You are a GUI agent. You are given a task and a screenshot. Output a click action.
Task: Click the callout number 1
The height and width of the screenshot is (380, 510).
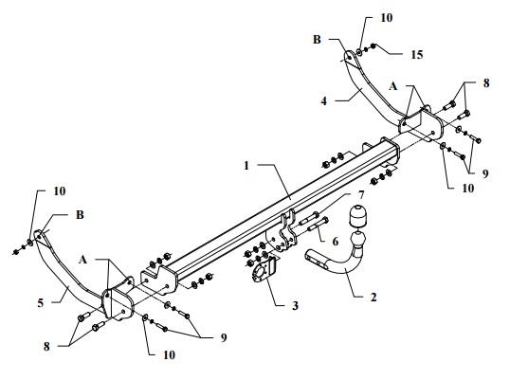[x=246, y=166]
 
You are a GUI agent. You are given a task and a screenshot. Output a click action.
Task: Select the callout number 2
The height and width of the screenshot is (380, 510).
[x=373, y=297]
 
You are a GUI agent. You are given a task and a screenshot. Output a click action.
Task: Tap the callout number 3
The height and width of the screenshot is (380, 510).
[x=295, y=305]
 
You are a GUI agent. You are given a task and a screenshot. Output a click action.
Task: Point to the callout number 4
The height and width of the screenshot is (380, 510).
[x=323, y=101]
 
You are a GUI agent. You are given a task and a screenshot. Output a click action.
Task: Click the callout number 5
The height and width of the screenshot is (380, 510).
[x=41, y=303]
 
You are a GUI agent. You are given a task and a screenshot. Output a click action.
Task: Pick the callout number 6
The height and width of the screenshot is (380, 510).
[x=335, y=242]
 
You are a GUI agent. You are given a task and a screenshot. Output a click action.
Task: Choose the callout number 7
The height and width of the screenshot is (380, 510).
[x=361, y=195]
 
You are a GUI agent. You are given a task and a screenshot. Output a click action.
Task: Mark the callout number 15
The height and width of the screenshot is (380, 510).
[x=417, y=55]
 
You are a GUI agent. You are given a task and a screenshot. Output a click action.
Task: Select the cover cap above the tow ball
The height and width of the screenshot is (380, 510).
[x=357, y=217]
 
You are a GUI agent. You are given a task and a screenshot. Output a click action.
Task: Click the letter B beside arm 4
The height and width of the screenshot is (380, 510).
[x=317, y=40]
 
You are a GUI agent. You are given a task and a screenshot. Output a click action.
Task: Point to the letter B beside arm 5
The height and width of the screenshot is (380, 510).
[x=80, y=215]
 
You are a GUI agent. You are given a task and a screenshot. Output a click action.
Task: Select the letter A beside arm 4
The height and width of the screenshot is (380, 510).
[x=393, y=86]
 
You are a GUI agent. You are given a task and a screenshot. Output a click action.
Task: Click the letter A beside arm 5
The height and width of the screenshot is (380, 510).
[x=82, y=260]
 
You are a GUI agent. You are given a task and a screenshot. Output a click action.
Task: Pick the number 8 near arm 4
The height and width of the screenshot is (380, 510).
[x=486, y=83]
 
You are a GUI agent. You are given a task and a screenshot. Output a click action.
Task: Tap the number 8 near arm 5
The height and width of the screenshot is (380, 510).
[x=46, y=347]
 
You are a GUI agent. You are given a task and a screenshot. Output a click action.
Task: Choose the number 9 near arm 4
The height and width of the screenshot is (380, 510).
[x=485, y=173]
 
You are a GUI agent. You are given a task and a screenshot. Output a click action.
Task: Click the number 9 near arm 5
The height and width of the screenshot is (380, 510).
[x=224, y=338]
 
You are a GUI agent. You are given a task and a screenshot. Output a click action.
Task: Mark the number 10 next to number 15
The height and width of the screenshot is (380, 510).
[x=387, y=18]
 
